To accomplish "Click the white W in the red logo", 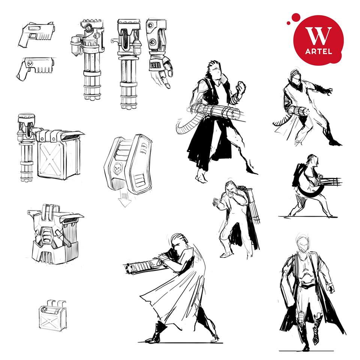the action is point(318,36).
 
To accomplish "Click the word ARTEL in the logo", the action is point(318,51).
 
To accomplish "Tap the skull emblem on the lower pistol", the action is point(30,64).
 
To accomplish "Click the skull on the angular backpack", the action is point(117,168).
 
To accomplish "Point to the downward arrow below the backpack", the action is point(124,199).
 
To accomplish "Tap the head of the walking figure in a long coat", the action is point(303,243).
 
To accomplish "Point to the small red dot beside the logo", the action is point(289,23).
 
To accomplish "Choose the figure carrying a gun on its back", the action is point(238,219).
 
